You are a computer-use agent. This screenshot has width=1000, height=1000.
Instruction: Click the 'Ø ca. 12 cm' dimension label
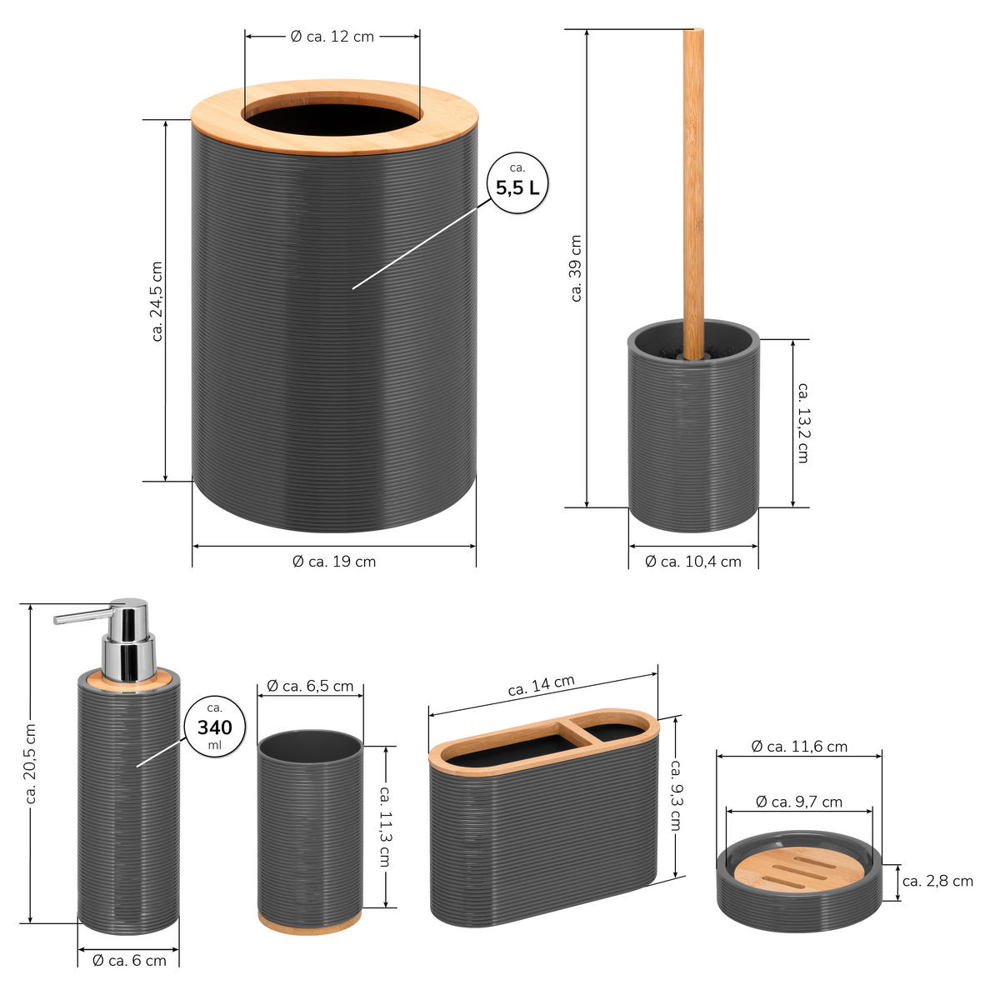coord(332,37)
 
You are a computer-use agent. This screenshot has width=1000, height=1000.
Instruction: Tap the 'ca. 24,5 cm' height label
coord(157,302)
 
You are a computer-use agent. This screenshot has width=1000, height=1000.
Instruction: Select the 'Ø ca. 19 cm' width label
coord(334,562)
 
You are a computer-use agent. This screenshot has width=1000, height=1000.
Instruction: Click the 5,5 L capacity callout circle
coord(517,182)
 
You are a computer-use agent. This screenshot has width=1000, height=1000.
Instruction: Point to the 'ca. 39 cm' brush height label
coord(576,268)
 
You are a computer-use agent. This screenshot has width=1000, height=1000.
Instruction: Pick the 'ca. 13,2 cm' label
coord(803,423)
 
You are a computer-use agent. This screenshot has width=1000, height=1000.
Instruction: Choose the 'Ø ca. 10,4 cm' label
coord(692,562)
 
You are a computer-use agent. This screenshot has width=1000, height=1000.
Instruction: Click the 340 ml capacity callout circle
coord(215,727)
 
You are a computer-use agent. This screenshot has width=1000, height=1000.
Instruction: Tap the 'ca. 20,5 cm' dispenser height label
coord(31,764)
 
